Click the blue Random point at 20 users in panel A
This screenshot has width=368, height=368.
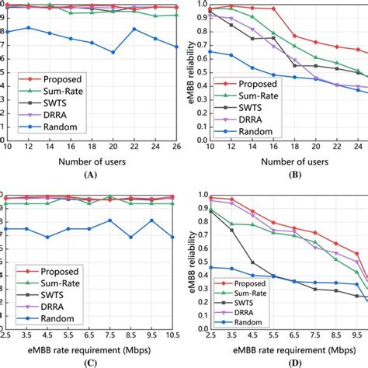point(113,52)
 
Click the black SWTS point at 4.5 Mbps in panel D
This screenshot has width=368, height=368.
point(252,262)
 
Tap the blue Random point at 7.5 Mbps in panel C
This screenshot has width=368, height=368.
point(110,220)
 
